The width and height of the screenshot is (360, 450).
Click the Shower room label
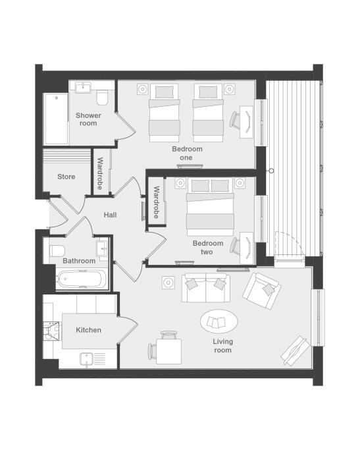point(88,119)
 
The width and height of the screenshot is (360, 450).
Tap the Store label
point(66,177)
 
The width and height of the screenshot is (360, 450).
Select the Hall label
point(110,215)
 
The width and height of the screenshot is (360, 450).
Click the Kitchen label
point(88,330)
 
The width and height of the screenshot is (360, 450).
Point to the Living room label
point(222,346)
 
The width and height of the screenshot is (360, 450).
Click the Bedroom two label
point(208,247)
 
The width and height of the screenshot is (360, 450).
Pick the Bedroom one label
point(187,154)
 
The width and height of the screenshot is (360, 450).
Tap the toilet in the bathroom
point(57,251)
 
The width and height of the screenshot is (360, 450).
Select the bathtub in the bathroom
point(82,279)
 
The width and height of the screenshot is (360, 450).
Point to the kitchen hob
point(51,331)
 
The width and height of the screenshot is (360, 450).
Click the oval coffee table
point(219,321)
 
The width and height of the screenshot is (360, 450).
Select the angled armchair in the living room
point(261,291)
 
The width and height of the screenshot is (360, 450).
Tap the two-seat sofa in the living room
point(206,288)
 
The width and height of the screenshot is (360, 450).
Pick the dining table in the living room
point(169,352)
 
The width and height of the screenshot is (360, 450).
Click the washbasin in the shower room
point(83,87)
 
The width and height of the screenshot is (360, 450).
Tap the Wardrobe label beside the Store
point(100,173)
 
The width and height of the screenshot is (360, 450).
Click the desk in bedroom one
point(247,122)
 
